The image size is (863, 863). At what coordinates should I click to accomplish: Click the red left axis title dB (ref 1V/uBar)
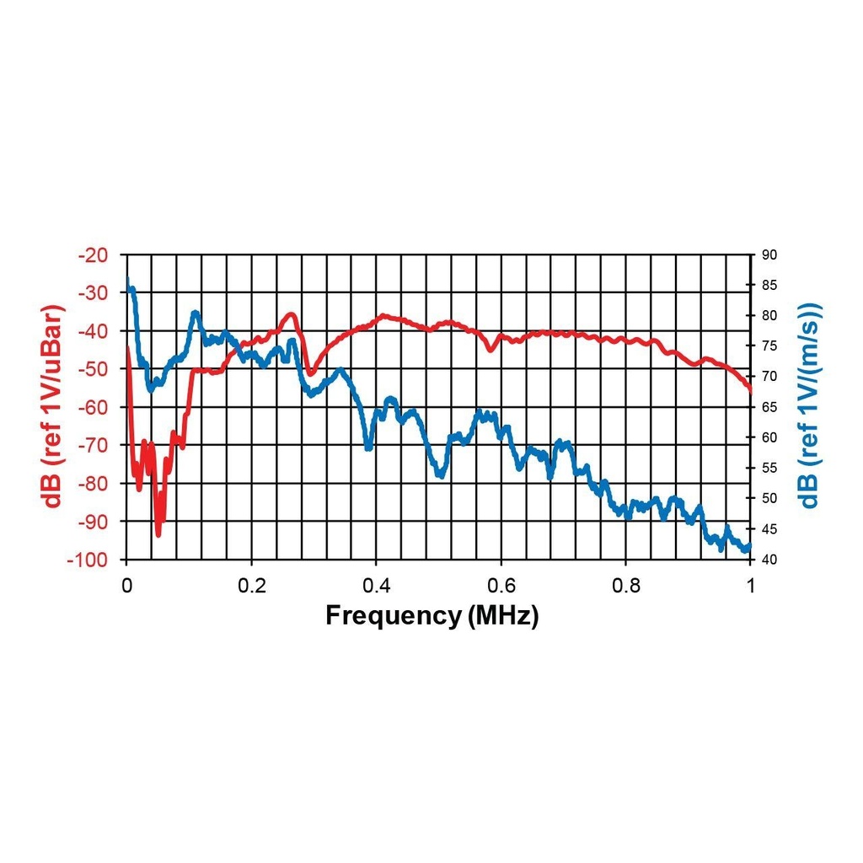pos(55,406)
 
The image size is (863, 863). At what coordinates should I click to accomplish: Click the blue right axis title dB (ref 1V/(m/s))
pos(810,406)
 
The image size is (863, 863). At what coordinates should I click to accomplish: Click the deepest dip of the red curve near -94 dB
pos(158,533)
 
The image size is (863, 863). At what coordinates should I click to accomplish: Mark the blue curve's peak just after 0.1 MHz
pos(195,313)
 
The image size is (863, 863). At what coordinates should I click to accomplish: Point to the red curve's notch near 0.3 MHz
pos(310,372)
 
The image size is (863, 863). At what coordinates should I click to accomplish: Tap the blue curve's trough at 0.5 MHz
pos(440,476)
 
